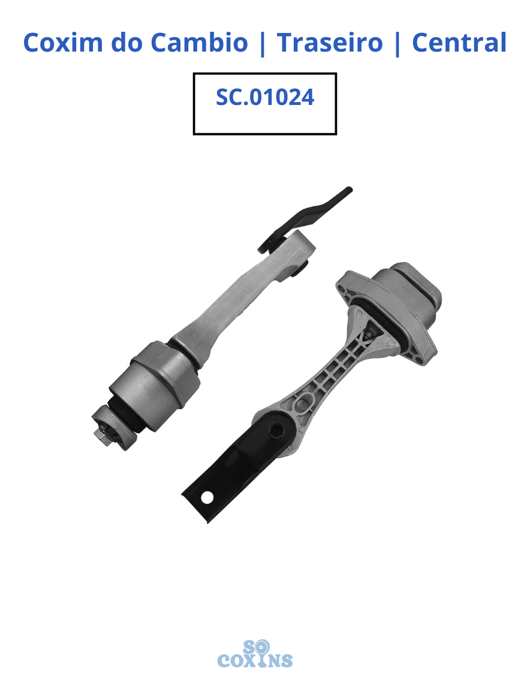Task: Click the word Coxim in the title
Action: coord(62,43)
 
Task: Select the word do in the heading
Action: coord(127,43)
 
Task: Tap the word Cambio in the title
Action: coord(199,43)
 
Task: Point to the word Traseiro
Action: coord(330,43)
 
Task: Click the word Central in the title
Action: coord(459,43)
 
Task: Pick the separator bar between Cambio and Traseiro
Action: coord(263,43)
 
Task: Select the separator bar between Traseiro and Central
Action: coord(397,43)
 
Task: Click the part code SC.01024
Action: coord(265,97)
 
